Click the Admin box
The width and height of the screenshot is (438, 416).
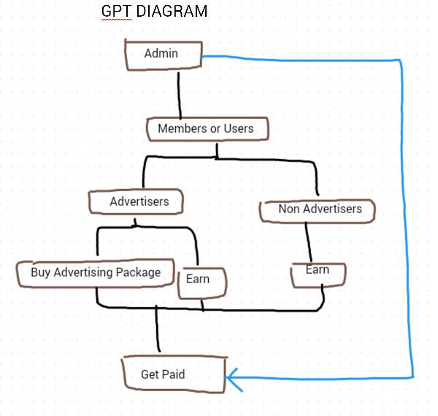tap(161, 55)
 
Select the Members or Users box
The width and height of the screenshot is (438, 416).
tap(207, 129)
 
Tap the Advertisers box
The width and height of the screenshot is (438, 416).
tap(139, 201)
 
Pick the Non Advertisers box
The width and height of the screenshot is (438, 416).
tap(319, 210)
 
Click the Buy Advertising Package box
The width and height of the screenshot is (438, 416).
tap(96, 273)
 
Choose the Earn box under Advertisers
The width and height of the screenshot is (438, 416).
tap(199, 280)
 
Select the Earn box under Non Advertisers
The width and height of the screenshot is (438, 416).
tap(317, 271)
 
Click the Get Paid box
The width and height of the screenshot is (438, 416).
tap(172, 374)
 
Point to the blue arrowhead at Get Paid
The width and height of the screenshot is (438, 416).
tap(232, 377)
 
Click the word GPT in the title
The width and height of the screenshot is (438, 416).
tap(117, 12)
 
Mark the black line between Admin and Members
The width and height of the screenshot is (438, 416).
tap(179, 93)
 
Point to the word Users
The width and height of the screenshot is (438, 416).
tap(239, 128)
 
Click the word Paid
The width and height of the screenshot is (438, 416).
tap(174, 374)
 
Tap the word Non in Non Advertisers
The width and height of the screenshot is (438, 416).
tap(288, 209)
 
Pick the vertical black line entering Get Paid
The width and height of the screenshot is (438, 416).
tap(157, 332)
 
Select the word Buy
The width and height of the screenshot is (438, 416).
tap(40, 273)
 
